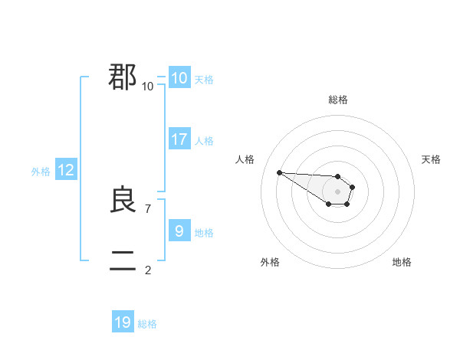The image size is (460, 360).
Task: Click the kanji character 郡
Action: pyautogui.click(x=123, y=77)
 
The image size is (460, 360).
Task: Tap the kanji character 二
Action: pyautogui.click(x=123, y=261)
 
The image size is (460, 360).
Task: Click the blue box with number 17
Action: pyautogui.click(x=179, y=139)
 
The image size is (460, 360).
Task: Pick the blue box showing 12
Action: pyautogui.click(x=66, y=170)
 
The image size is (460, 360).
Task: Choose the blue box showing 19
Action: pyautogui.click(x=123, y=322)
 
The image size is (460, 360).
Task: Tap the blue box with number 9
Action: pyautogui.click(x=179, y=231)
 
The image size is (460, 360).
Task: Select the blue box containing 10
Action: pyautogui.click(x=179, y=78)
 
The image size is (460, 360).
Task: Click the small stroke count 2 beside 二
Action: pyautogui.click(x=148, y=270)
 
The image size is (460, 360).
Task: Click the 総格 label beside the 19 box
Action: pyautogui.click(x=147, y=324)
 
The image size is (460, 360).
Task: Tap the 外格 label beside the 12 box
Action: pyautogui.click(x=41, y=172)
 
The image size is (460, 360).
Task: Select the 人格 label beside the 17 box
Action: pyautogui.click(x=205, y=141)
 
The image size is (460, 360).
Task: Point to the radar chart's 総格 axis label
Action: pyautogui.click(x=338, y=100)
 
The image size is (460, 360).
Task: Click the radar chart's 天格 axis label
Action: pyautogui.click(x=431, y=159)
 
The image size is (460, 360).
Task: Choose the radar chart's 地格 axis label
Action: pyautogui.click(x=402, y=262)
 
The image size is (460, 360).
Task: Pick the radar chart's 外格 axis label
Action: pyautogui.click(x=270, y=262)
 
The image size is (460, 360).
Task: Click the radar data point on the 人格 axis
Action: pyautogui.click(x=280, y=172)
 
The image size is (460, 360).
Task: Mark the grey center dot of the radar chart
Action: pyautogui.click(x=338, y=191)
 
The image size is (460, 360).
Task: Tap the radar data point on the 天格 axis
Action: pyautogui.click(x=353, y=187)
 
